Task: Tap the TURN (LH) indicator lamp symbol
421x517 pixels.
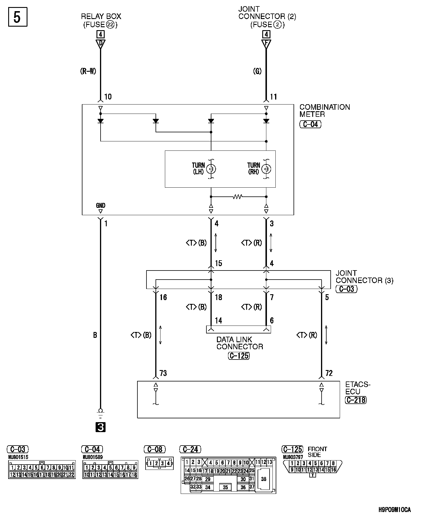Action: click(211, 169)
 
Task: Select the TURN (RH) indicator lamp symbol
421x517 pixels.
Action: click(266, 169)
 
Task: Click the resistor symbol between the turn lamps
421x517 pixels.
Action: click(237, 197)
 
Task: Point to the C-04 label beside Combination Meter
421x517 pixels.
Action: click(310, 124)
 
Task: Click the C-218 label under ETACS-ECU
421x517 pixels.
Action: click(356, 400)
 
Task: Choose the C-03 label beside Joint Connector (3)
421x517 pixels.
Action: click(346, 289)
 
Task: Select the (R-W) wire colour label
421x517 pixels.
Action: click(88, 71)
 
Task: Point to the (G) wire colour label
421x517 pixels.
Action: click(257, 71)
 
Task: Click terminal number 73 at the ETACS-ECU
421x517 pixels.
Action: click(163, 373)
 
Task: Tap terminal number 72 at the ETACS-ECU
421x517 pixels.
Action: click(329, 373)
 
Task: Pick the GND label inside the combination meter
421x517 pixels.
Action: click(100, 206)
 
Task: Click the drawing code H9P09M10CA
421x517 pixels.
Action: click(394, 510)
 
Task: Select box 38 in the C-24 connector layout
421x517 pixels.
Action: click(264, 479)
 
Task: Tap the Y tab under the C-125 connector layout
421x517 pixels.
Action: click(313, 475)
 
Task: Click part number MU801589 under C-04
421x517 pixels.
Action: click(93, 457)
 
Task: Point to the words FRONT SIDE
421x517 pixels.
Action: click(317, 452)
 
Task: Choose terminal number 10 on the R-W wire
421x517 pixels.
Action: click(108, 97)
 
